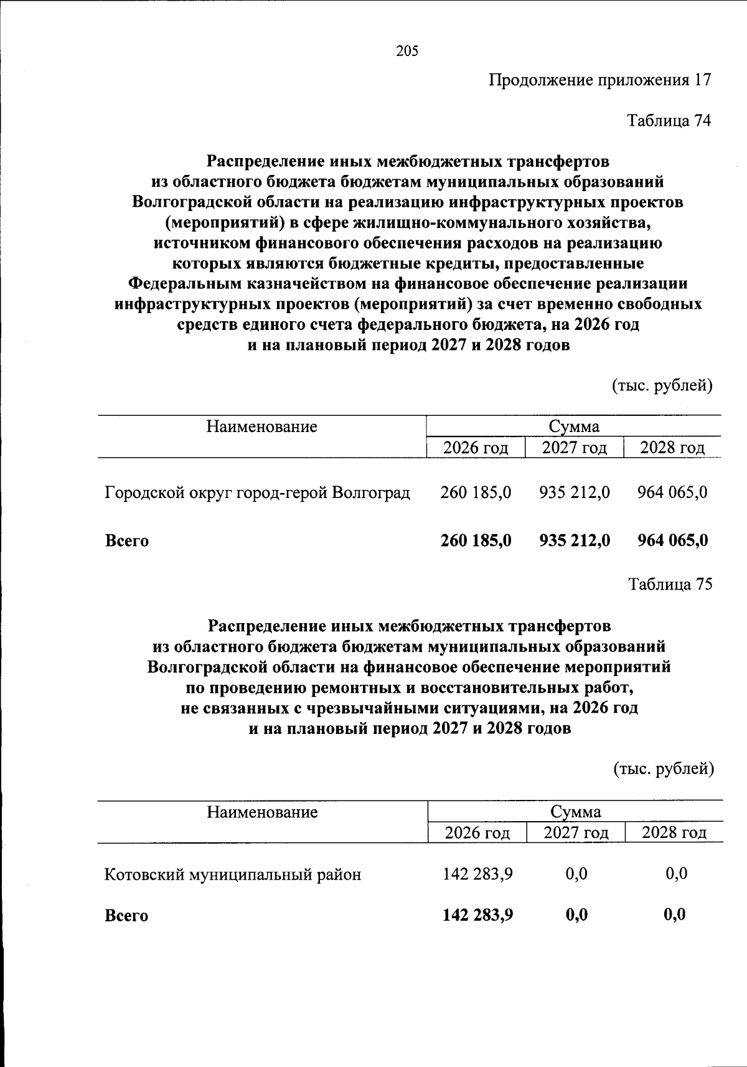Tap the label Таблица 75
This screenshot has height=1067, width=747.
click(x=670, y=585)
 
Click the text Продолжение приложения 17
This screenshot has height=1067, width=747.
click(x=599, y=80)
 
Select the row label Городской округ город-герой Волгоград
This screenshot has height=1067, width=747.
click(x=257, y=493)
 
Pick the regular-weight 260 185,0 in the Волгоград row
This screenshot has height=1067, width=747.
click(x=476, y=492)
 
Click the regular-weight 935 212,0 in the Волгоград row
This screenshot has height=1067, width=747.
click(x=575, y=492)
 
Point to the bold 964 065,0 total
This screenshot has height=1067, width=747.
click(x=672, y=540)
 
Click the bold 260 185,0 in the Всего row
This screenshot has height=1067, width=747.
click(x=476, y=540)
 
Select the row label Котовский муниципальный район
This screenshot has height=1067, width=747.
click(x=232, y=875)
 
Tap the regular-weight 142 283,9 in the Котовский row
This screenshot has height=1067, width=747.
click(x=477, y=874)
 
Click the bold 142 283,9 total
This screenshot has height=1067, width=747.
click(x=477, y=915)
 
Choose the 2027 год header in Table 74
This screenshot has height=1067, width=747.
click(x=574, y=448)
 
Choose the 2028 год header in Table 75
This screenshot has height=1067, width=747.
click(x=674, y=833)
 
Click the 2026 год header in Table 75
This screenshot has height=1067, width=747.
click(x=477, y=833)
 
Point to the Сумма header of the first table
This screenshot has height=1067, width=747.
click(x=574, y=426)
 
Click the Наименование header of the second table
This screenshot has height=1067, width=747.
click(x=262, y=812)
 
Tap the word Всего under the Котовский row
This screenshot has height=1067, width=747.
click(x=126, y=916)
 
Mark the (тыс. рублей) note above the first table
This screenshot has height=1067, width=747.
click(x=662, y=386)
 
